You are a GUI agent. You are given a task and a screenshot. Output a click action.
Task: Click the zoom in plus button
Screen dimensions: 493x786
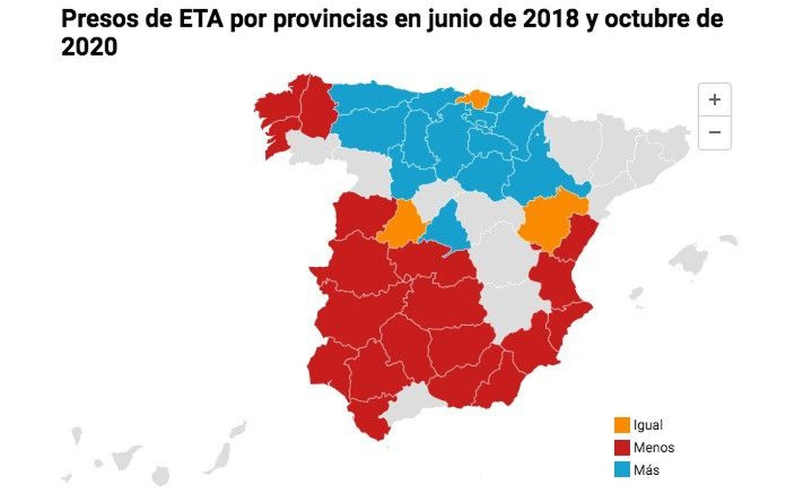(x=714, y=100)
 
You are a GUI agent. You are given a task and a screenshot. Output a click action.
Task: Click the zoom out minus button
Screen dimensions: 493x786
(x=714, y=132)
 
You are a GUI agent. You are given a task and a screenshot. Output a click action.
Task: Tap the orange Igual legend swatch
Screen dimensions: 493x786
(x=621, y=425)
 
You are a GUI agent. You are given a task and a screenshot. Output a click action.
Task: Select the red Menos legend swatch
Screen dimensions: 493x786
(x=621, y=448)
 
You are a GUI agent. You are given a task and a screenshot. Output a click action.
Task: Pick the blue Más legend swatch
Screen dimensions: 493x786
(x=621, y=470)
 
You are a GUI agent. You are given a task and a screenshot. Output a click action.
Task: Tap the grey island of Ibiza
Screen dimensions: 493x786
(x=637, y=294)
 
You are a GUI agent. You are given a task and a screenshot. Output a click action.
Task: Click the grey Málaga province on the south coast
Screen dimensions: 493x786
(x=410, y=403)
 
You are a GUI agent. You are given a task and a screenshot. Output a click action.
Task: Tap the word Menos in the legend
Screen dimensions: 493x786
(x=653, y=448)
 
